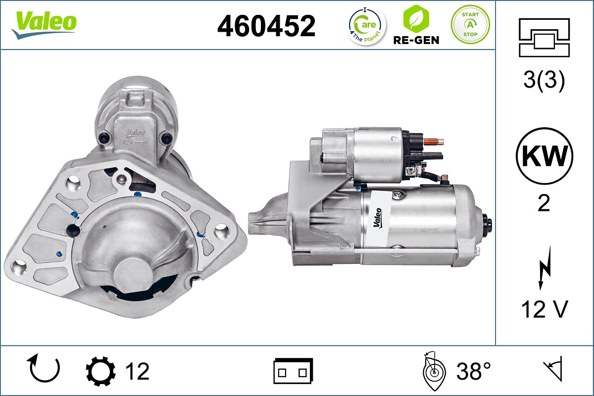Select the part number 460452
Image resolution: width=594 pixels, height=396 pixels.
(x=266, y=26)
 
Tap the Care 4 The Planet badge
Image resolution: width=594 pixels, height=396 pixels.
(x=366, y=26)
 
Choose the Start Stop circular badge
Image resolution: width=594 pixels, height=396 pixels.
(x=470, y=25)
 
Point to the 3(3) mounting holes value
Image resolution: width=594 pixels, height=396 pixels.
(x=544, y=81)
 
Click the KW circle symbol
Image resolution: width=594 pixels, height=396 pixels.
(x=544, y=156)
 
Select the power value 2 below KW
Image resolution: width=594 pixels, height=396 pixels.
(x=544, y=203)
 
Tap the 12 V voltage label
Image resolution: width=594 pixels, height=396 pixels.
(x=544, y=309)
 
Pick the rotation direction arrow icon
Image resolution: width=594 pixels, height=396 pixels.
(x=45, y=369)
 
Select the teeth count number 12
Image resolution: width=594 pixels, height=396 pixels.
(x=137, y=371)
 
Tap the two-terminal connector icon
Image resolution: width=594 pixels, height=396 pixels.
(x=293, y=371)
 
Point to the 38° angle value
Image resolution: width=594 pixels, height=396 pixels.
(x=474, y=371)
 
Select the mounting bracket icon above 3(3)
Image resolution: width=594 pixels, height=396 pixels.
(x=544, y=38)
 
